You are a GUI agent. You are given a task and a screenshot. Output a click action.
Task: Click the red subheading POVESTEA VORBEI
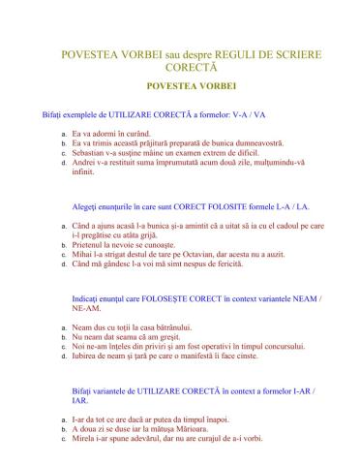pyautogui.click(x=179, y=87)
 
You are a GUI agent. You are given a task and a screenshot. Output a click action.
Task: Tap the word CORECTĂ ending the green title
pyautogui.click(x=179, y=68)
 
